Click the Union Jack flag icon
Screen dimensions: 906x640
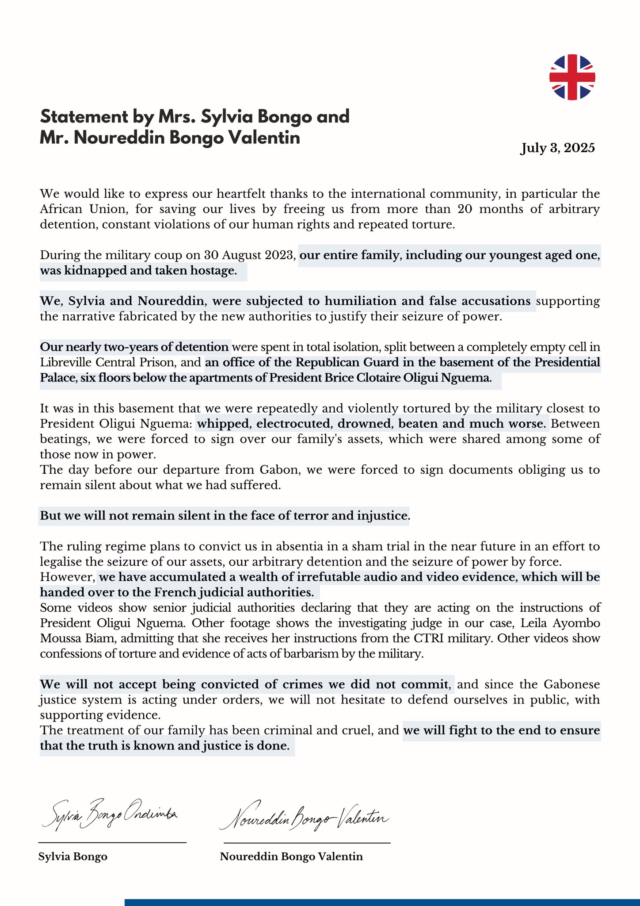point(572,77)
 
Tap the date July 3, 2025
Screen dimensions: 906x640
point(557,148)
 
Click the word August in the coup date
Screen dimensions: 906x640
point(242,255)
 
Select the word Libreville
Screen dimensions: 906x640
point(67,363)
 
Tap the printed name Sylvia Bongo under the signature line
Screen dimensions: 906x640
point(73,856)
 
